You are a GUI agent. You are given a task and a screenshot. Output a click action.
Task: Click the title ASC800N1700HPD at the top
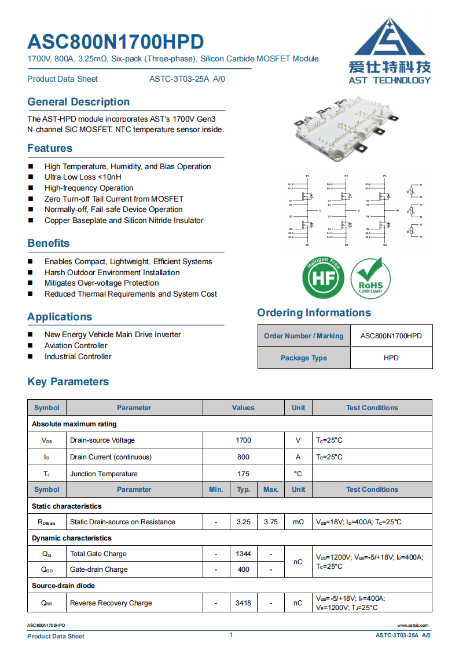coord(116,42)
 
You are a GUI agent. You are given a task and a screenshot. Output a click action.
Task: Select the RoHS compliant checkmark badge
coord(370,277)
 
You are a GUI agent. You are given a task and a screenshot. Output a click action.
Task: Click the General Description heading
coord(79,102)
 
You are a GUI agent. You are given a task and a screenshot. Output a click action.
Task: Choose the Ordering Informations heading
coord(314,313)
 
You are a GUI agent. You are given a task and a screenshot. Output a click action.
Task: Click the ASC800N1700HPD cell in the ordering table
coord(391,336)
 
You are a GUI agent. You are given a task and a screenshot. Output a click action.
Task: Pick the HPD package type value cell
coord(391,358)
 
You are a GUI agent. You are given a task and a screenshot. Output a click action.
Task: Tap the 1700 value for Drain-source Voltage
coord(243,440)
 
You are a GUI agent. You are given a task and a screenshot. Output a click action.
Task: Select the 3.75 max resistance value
coord(270,522)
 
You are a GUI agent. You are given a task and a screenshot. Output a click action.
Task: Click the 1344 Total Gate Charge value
coord(243,554)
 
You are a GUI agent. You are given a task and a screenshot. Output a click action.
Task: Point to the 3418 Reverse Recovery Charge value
coord(243,603)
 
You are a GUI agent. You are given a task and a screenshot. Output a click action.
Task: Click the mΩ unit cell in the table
coord(298,522)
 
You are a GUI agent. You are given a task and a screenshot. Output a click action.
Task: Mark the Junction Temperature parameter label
coord(104,474)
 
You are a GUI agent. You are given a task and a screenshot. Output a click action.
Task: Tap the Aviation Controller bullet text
coord(76,346)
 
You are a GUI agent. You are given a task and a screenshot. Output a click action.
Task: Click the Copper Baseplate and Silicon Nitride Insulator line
coord(124,221)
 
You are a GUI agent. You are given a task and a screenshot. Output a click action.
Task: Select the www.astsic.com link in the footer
coord(413,626)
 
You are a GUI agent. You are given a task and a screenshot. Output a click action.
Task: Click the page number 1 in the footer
coord(231,635)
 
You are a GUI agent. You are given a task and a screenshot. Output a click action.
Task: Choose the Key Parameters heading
coord(68,382)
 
